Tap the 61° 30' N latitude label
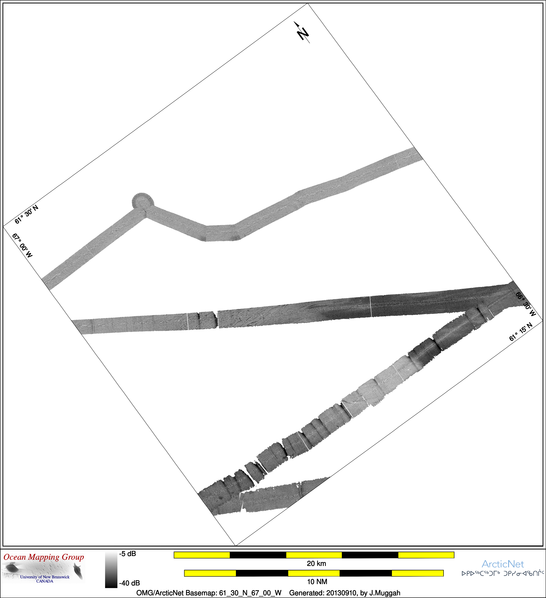click(26, 214)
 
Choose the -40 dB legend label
click(129, 583)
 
